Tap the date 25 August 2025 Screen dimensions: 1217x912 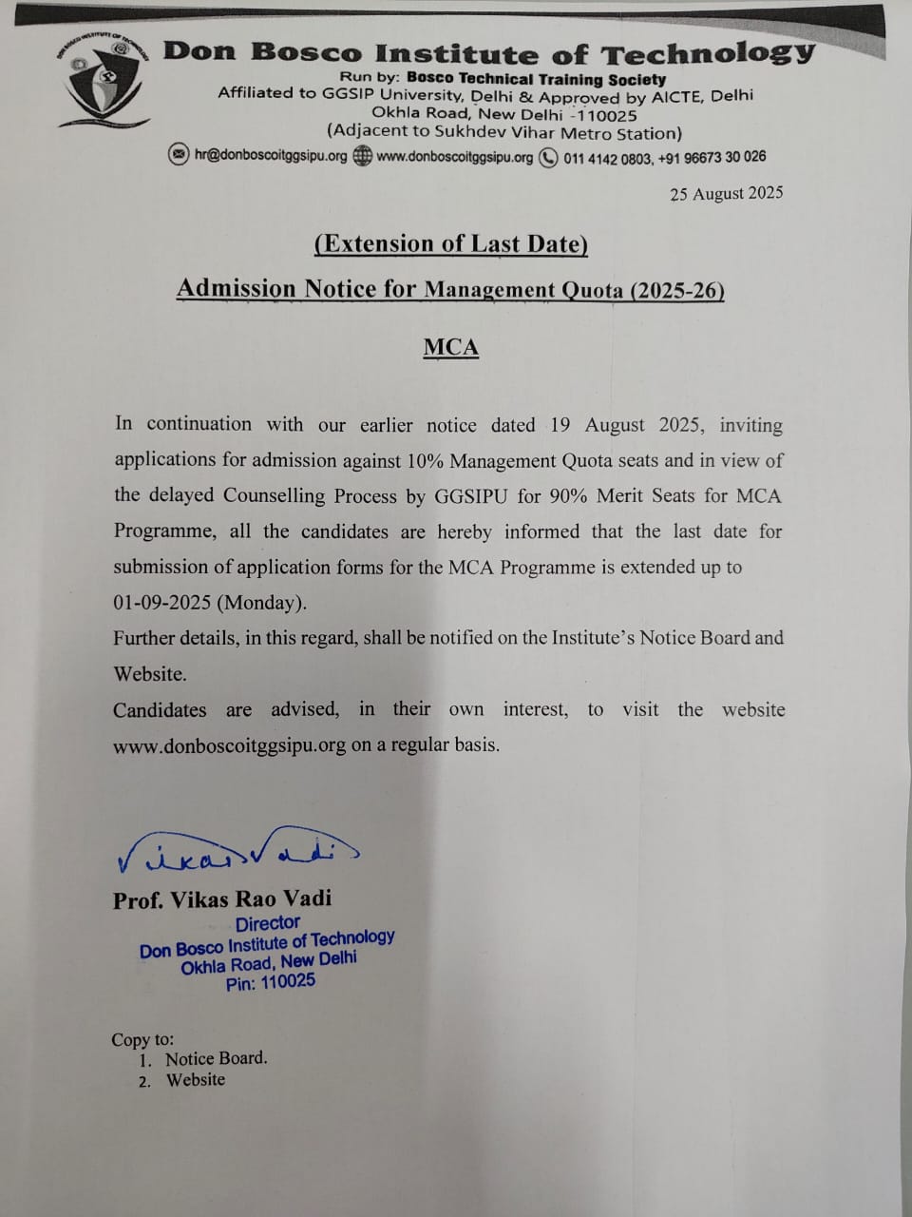[x=726, y=194]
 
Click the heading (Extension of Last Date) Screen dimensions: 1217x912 [x=451, y=244]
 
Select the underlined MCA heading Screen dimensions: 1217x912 [x=451, y=347]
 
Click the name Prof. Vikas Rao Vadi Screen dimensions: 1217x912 [x=222, y=899]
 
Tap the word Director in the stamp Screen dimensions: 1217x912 [x=267, y=923]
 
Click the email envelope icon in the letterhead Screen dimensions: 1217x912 [x=179, y=156]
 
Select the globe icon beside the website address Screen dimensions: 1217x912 [x=362, y=157]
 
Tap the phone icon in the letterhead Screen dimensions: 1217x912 [x=548, y=158]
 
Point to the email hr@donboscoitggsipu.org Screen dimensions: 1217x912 [x=271, y=156]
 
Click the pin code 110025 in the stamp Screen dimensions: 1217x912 [x=287, y=981]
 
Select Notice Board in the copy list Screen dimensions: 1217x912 [x=216, y=1058]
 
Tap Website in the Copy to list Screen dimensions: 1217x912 [x=196, y=1080]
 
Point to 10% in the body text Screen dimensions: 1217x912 [x=424, y=461]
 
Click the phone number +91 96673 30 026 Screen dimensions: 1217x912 [x=713, y=158]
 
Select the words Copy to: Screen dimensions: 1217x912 [x=142, y=1040]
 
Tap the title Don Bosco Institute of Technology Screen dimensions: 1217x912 [x=488, y=52]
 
